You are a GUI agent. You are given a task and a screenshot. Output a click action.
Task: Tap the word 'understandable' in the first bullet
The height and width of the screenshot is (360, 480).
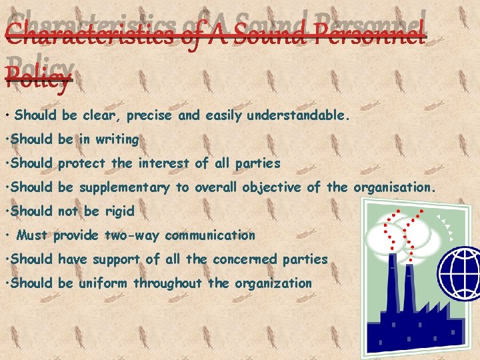click(297, 115)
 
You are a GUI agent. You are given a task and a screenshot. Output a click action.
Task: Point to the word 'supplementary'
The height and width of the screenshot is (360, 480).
click(124, 188)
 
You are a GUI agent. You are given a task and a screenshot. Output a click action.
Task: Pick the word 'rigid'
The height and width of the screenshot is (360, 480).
click(117, 211)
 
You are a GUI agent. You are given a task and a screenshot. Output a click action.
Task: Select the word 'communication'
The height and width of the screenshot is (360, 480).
click(210, 235)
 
